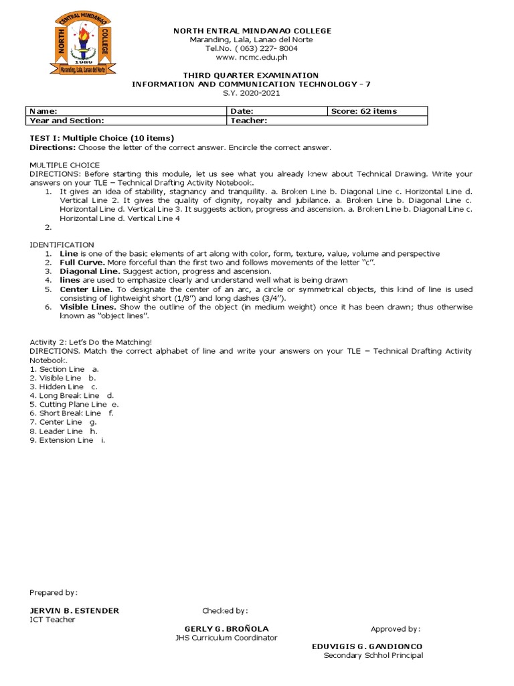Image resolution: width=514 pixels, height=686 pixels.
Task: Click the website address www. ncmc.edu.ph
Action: point(252,58)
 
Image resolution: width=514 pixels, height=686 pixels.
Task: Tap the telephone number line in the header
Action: point(252,49)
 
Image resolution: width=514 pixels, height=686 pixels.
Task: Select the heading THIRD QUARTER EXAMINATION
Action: point(252,75)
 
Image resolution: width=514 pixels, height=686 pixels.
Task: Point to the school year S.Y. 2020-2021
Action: point(252,92)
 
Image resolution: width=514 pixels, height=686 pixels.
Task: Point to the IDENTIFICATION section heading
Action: point(62,245)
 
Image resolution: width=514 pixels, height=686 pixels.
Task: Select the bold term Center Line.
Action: point(84,289)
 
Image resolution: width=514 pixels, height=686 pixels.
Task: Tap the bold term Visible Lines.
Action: point(86,306)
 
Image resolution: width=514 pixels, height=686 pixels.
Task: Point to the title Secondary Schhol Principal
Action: point(373,655)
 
